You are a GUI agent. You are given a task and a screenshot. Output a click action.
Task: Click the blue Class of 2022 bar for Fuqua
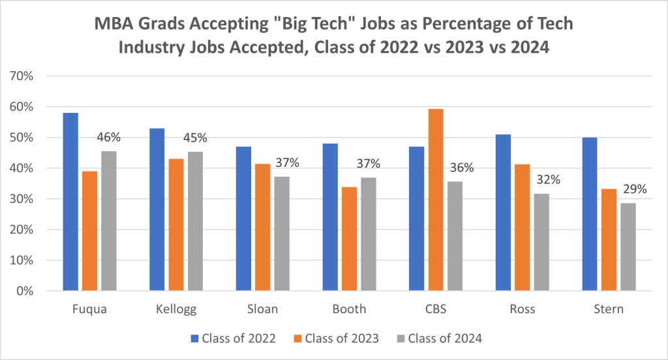(70, 202)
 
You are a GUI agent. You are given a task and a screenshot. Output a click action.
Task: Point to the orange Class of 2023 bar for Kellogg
(176, 224)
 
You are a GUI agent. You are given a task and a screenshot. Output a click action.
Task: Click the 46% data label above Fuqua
(108, 138)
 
